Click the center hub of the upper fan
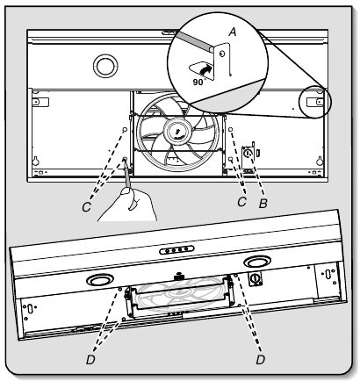coord(178,132)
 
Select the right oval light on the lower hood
coord(258,262)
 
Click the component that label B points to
coord(248,153)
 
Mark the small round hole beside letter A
coord(223,54)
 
